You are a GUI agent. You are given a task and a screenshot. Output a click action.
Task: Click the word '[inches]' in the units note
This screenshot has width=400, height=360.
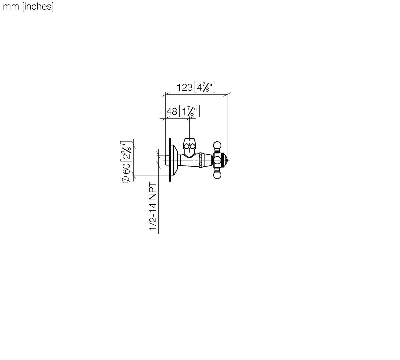(38, 7)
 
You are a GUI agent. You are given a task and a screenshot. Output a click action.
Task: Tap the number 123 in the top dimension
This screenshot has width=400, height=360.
(185, 88)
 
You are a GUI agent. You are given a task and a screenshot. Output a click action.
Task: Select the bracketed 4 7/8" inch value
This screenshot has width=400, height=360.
(205, 87)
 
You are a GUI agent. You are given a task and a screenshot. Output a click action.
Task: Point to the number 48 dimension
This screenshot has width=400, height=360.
(172, 111)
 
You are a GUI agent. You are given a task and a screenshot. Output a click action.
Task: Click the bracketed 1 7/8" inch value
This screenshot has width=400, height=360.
(190, 111)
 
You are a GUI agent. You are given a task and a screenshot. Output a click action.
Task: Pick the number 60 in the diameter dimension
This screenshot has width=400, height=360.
(126, 169)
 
